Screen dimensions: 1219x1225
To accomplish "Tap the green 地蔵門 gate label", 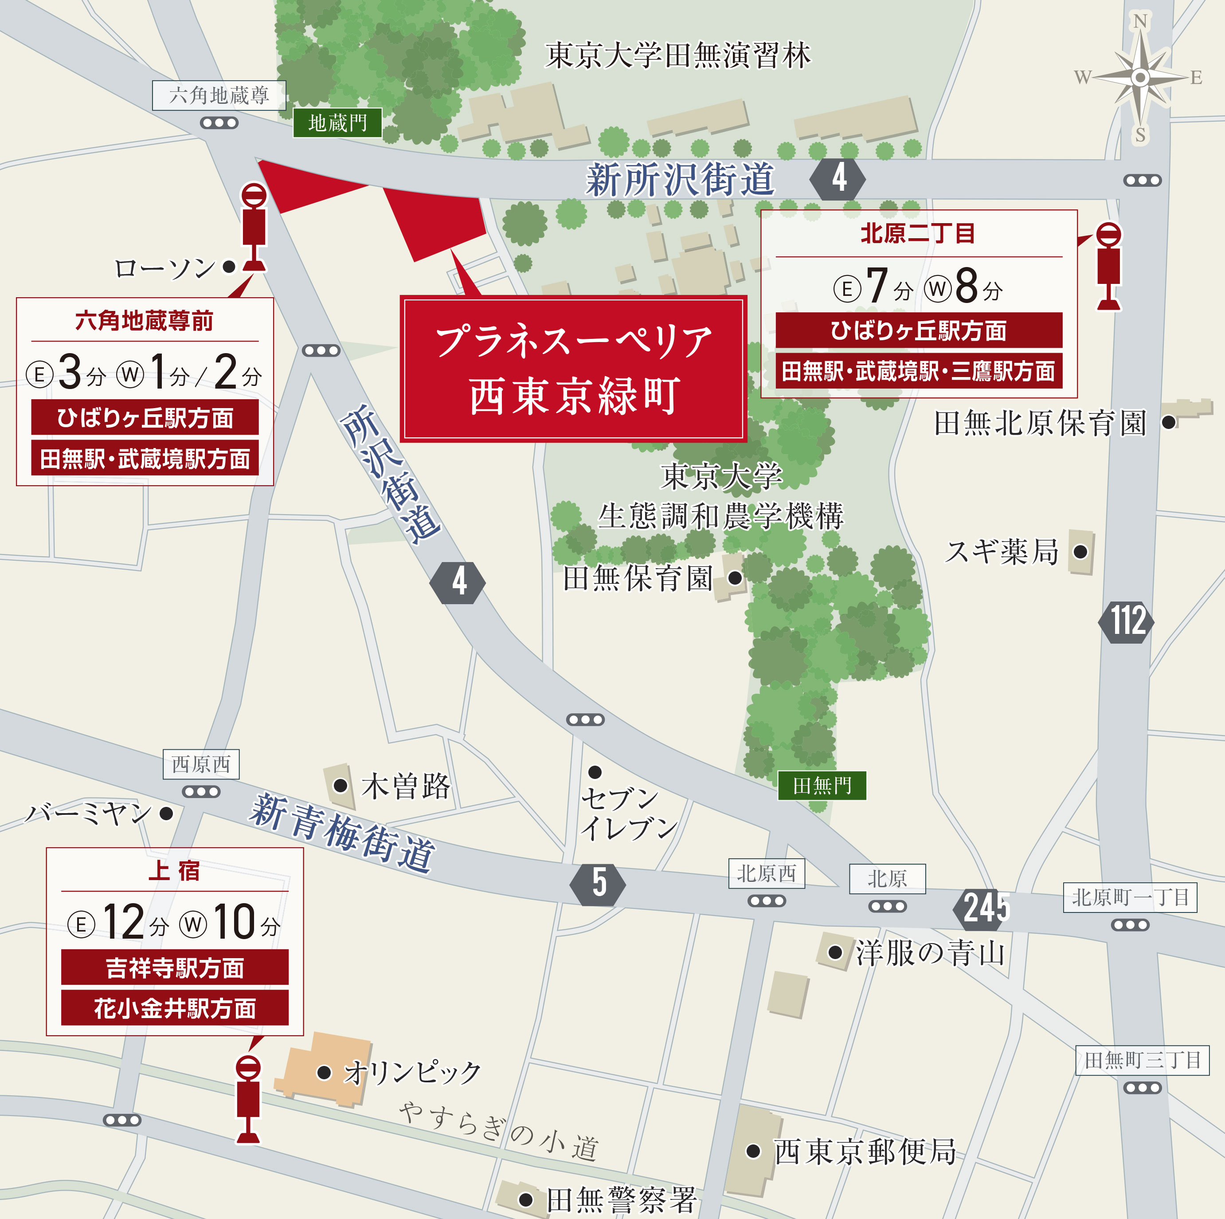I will (x=337, y=122).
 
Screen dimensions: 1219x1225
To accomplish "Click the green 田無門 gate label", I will (x=822, y=786).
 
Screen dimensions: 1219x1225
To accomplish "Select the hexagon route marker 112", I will (x=1126, y=621).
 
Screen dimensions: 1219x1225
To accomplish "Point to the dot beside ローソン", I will (x=230, y=267).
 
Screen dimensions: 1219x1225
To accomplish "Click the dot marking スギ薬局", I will (x=1080, y=552).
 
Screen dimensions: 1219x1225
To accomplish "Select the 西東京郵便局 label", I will (x=865, y=1152).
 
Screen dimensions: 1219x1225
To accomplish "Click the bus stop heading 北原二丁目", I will (x=917, y=233).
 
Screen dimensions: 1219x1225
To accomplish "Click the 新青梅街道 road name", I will (x=342, y=834).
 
